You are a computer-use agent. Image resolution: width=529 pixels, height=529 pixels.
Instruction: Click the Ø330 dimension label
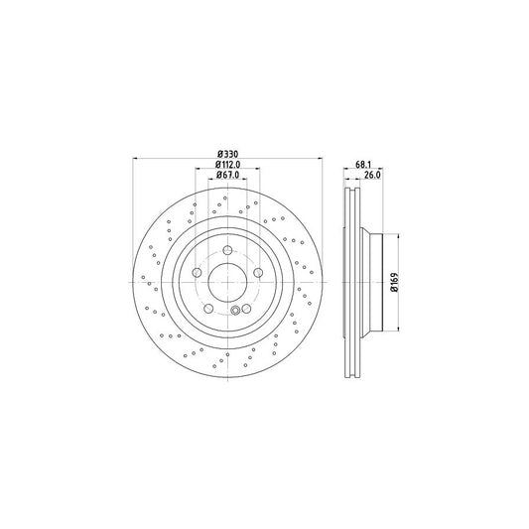pos(227,153)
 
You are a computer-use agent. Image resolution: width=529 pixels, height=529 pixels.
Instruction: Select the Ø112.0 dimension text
pos(227,164)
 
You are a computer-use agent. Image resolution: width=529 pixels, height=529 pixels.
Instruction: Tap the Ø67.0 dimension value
pos(227,175)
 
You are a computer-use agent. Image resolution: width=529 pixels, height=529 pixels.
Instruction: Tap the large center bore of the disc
pos(227,281)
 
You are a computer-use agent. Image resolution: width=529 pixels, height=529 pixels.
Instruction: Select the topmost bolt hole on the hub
pos(227,250)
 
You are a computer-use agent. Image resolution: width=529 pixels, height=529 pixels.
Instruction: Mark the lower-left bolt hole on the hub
pos(208,307)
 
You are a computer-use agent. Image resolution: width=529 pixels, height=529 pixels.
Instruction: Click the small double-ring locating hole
pos(235,312)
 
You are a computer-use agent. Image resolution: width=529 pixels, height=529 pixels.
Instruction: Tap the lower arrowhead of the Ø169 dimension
pos(399,328)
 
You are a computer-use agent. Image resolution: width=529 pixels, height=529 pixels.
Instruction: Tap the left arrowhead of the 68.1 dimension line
pos(345,170)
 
